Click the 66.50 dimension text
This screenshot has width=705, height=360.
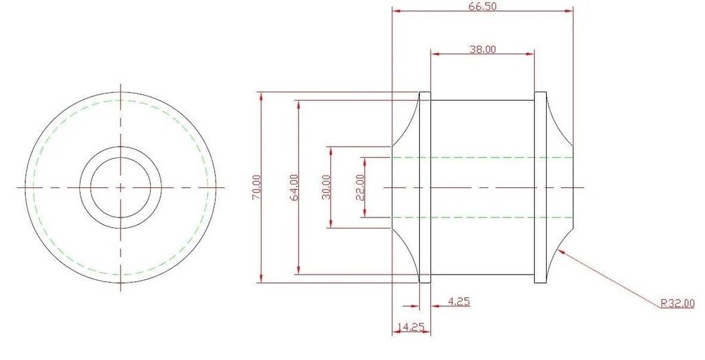pyautogui.click(x=482, y=6)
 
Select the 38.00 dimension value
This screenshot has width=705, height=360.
pyautogui.click(x=483, y=49)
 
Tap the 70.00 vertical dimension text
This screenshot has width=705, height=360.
pyautogui.click(x=256, y=187)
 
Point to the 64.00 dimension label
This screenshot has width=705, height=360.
pyautogui.click(x=293, y=187)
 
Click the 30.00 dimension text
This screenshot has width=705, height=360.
pyautogui.click(x=327, y=187)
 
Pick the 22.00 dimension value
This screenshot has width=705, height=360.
pyautogui.click(x=360, y=187)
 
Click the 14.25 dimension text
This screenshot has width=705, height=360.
pyautogui.click(x=412, y=327)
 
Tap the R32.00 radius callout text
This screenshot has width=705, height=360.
pyautogui.click(x=677, y=304)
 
